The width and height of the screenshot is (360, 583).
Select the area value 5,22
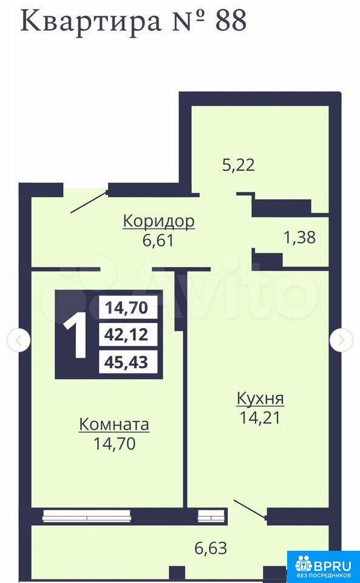239,165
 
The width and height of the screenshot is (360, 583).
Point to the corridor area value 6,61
158,240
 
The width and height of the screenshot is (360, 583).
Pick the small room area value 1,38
299,237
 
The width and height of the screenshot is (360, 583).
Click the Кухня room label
260,399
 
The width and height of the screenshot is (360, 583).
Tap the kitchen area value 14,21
260,418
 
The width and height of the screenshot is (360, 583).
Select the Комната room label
114,424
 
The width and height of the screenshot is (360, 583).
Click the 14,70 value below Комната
114,443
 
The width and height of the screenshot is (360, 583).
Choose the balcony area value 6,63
211,548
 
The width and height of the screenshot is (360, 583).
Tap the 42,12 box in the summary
128,335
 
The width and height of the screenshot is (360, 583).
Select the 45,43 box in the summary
128,362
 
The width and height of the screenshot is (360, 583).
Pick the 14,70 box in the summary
128,307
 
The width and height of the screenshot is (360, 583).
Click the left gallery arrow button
19,340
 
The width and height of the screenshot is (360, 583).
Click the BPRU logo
323,567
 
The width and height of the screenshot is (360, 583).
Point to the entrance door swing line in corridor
89,202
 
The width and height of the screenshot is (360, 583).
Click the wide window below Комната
87,516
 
